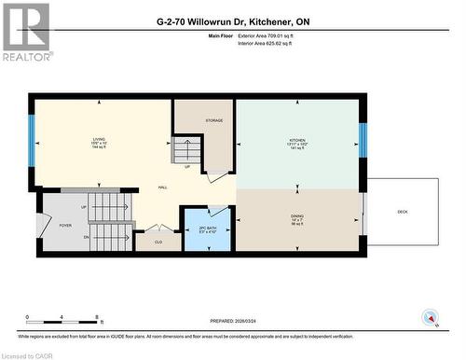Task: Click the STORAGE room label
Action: pos(213,119)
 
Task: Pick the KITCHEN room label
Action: pos(296,141)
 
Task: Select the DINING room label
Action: pos(296,218)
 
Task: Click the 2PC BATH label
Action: pos(208,228)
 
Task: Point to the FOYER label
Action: pos(65,225)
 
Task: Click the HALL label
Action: pos(162,187)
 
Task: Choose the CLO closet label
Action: pos(158,242)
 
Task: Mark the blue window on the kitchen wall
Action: pos(363,141)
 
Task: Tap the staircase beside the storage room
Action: pos(187,149)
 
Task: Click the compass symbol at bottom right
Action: pos(431,318)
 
